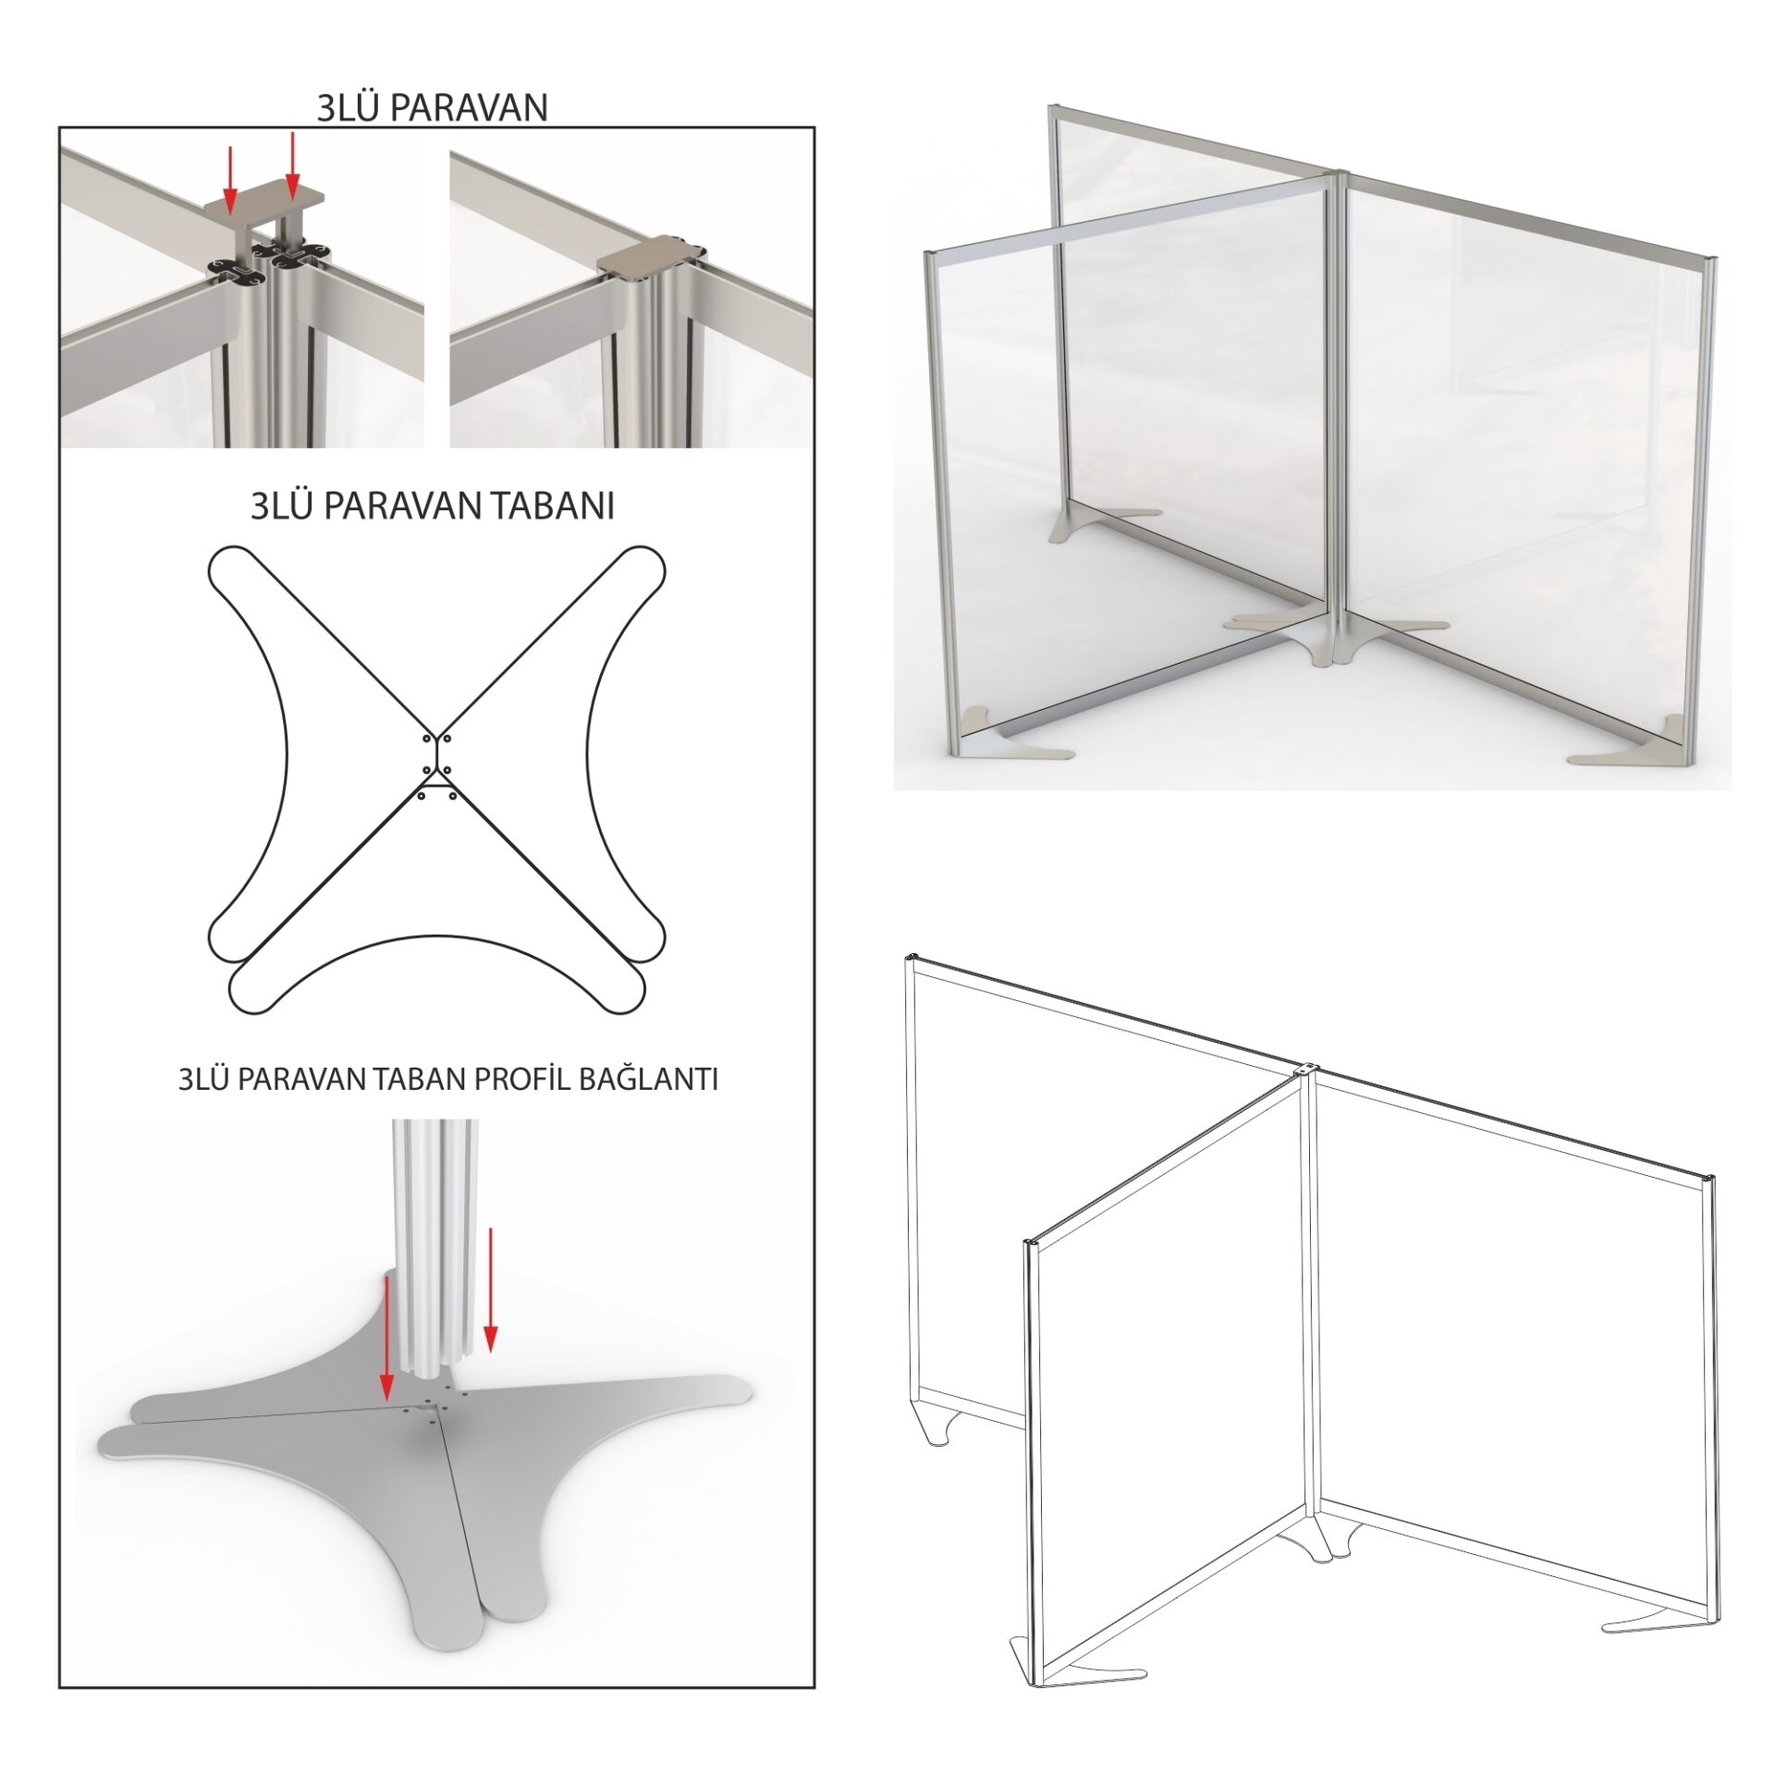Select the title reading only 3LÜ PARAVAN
tap(432, 108)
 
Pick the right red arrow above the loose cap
tap(292, 166)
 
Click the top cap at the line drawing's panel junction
tap(1304, 1068)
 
